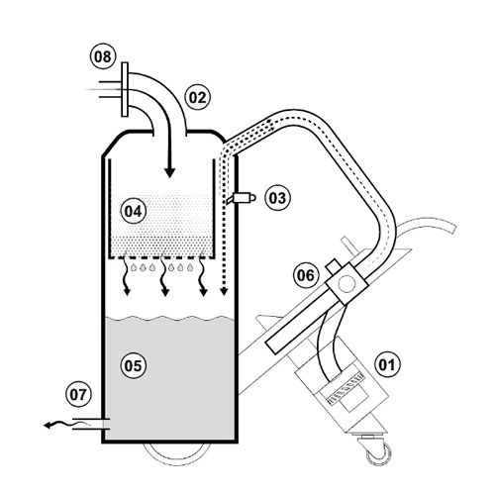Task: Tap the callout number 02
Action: [x=197, y=97]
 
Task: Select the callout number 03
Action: [x=277, y=198]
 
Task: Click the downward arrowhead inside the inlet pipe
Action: [x=169, y=170]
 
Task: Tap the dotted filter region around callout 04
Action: [x=163, y=233]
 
